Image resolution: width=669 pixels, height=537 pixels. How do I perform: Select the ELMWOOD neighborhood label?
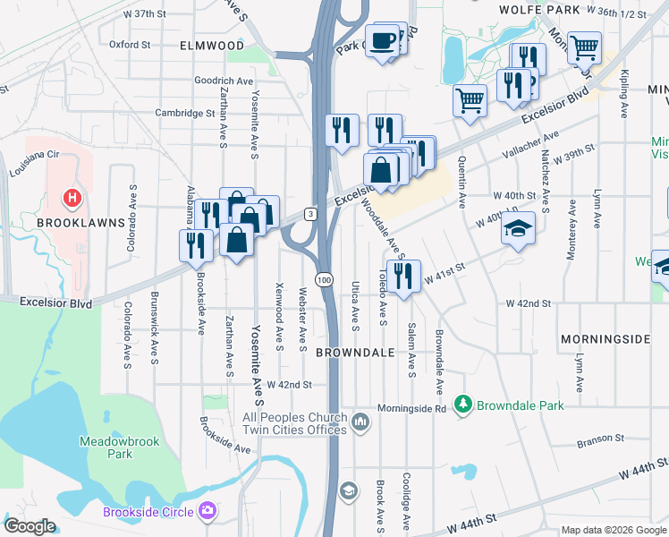[211, 45]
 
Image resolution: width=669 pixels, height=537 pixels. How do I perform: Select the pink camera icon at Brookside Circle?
[207, 511]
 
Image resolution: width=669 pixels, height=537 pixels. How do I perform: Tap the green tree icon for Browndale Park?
[462, 405]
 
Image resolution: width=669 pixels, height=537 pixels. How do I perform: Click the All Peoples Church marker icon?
[360, 421]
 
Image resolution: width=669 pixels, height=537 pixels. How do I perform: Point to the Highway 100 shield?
[324, 280]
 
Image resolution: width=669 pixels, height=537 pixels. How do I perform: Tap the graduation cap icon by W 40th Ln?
[519, 228]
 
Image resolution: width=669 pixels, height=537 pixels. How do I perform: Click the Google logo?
[30, 526]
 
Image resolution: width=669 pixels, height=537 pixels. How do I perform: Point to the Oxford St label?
[130, 44]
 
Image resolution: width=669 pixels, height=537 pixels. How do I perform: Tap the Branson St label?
[600, 438]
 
